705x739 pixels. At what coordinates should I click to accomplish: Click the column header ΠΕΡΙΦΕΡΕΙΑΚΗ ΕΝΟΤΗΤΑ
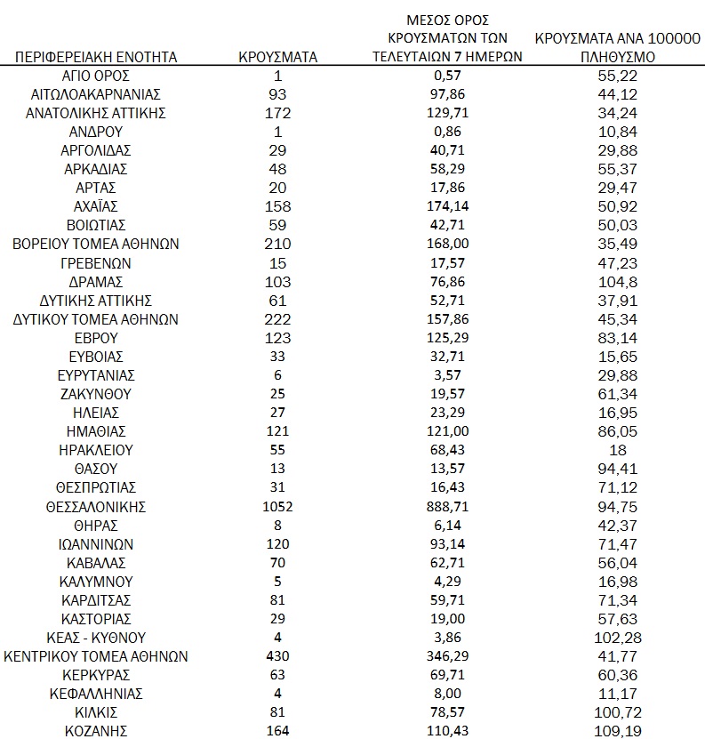click(x=96, y=58)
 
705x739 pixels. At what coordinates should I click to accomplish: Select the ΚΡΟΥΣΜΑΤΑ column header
click(x=278, y=58)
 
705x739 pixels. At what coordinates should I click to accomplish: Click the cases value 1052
click(x=278, y=507)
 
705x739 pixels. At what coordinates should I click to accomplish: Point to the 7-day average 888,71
click(x=447, y=507)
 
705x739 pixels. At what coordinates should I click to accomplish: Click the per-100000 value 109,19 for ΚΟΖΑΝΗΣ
click(x=619, y=732)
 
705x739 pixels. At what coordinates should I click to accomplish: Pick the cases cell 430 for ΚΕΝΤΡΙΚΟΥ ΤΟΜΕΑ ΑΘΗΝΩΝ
click(x=278, y=656)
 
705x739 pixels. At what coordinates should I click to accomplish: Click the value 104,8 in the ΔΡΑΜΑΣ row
click(x=619, y=282)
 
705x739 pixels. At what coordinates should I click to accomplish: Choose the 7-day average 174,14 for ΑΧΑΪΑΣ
click(x=447, y=206)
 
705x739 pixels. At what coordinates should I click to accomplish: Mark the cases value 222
click(x=278, y=319)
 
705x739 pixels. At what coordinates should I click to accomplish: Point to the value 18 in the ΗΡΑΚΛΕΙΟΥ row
click(x=619, y=450)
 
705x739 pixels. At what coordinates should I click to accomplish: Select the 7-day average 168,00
click(x=447, y=245)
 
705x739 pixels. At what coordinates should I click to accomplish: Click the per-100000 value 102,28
click(x=619, y=638)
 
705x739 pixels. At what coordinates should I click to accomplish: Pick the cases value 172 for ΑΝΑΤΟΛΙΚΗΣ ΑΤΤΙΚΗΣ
click(x=278, y=113)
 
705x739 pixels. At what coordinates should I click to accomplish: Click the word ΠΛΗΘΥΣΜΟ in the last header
click(x=619, y=58)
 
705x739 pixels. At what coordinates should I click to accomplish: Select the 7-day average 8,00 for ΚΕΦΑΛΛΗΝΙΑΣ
click(x=447, y=694)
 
